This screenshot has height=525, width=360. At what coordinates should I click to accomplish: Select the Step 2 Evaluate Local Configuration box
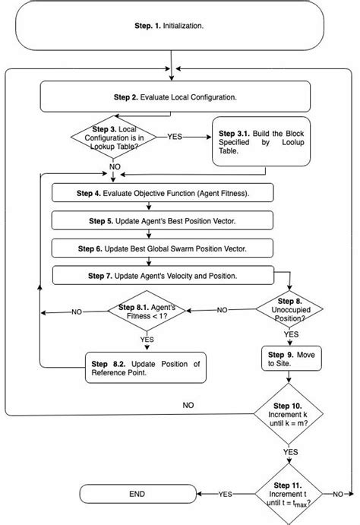175,97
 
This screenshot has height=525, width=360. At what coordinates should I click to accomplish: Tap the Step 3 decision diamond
114,138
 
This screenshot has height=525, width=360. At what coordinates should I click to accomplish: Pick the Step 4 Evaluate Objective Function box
163,194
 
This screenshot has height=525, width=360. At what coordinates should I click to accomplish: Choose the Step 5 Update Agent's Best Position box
163,221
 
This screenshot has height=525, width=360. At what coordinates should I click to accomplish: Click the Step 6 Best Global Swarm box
163,248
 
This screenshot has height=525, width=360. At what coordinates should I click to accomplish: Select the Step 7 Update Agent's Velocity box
163,274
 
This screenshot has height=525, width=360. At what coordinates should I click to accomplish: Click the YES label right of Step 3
174,138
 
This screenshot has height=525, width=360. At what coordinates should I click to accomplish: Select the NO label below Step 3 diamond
114,166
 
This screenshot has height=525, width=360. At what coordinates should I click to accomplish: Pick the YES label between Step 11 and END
225,494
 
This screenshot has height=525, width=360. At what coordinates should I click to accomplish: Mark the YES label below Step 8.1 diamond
147,339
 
